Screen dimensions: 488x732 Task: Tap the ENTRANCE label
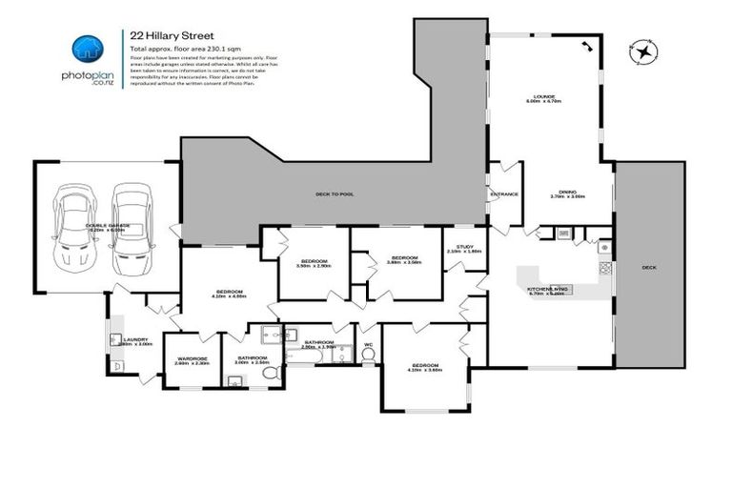[503, 194]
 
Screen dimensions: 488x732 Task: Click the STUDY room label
[464, 248]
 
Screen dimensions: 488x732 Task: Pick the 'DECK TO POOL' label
[335, 193]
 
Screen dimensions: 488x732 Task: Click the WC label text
[367, 344]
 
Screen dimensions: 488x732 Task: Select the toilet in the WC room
[367, 356]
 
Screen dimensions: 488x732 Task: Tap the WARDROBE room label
[192, 359]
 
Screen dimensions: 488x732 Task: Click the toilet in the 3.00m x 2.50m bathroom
[271, 376]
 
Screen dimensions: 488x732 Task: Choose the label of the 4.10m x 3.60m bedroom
[424, 366]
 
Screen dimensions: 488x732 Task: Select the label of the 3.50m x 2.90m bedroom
[315, 261]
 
